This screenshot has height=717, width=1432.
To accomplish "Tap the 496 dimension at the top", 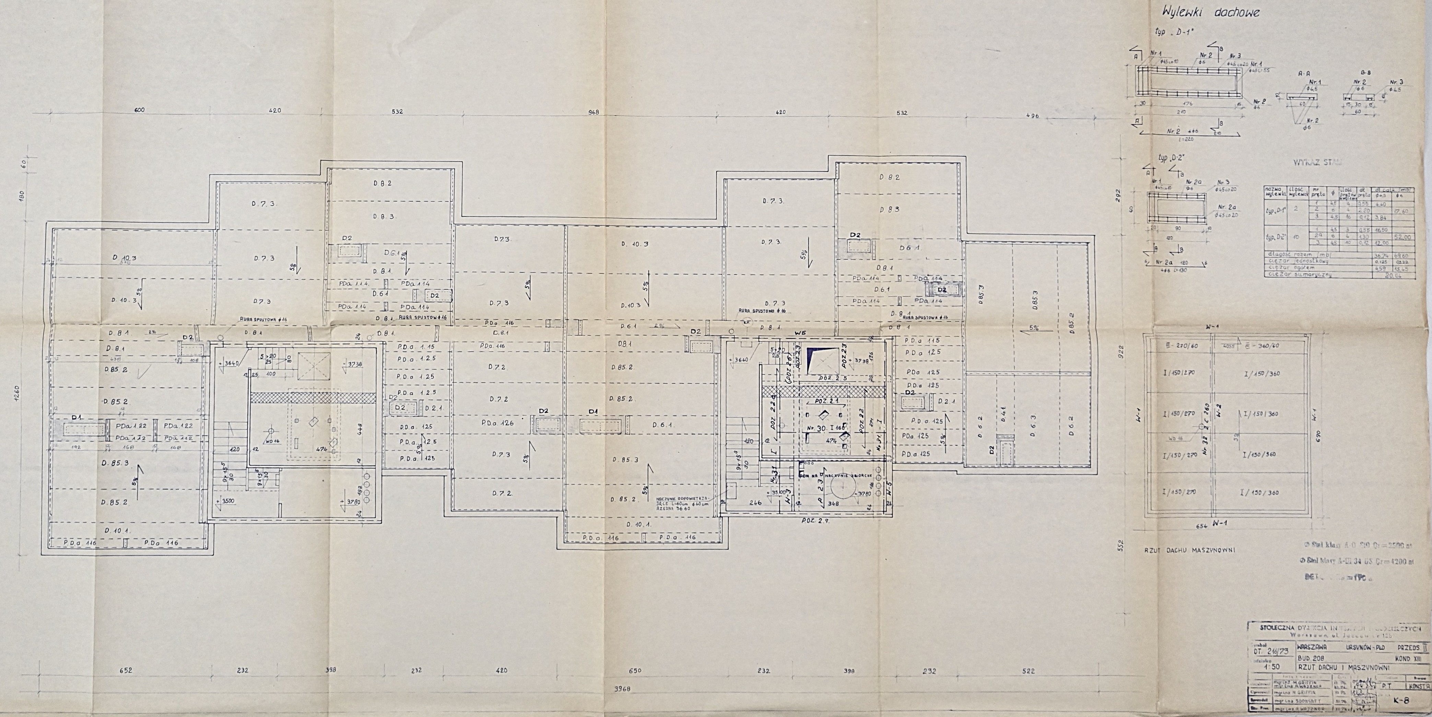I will [1033, 116].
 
